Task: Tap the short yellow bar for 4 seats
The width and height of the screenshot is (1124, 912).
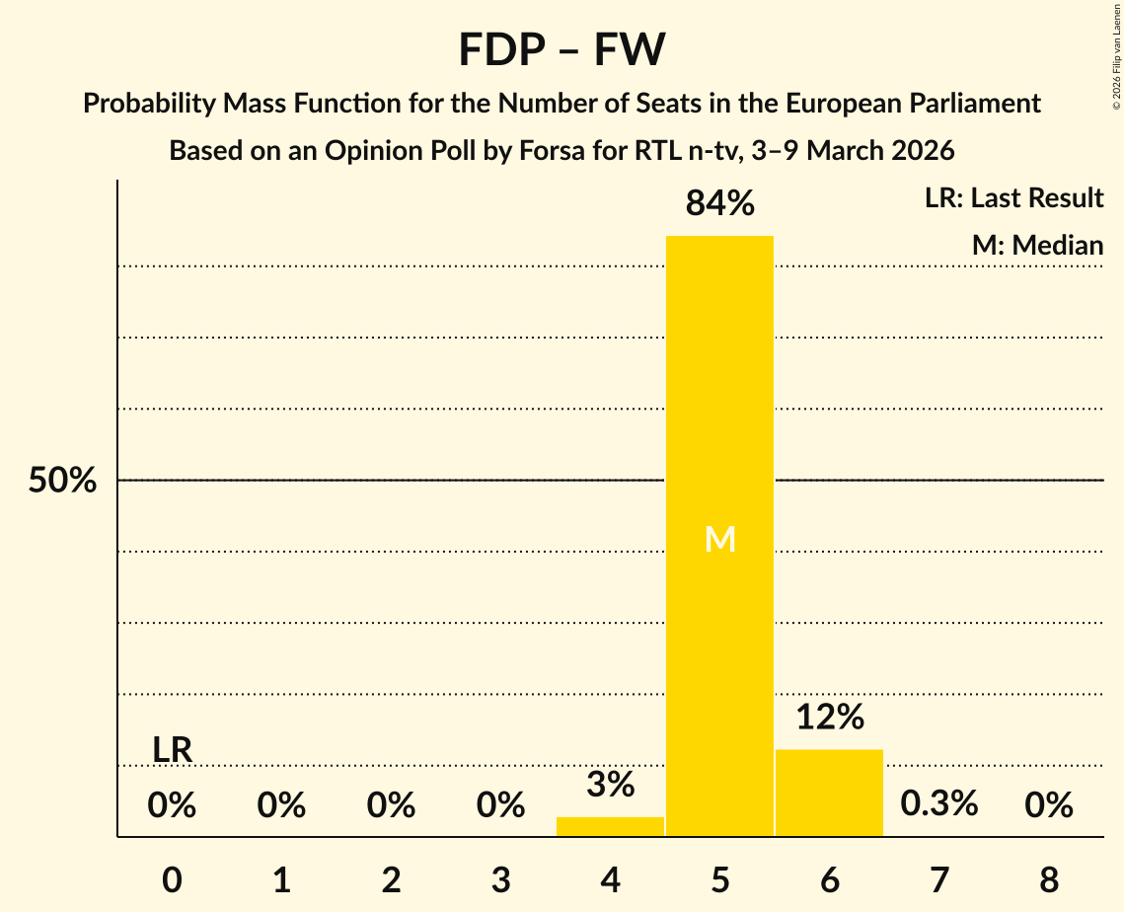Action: [610, 827]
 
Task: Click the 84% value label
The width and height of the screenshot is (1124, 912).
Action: [719, 204]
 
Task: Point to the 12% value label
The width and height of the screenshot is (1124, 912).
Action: [829, 718]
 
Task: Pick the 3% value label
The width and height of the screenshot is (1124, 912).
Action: [610, 785]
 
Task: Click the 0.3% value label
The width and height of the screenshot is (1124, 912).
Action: [938, 803]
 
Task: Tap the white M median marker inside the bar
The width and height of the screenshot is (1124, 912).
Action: [720, 539]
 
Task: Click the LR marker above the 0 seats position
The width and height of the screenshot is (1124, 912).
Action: [172, 750]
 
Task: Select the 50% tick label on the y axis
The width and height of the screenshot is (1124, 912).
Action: [62, 482]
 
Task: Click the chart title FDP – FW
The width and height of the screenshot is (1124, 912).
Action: [562, 49]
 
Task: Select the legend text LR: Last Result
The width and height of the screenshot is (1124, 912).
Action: [1013, 198]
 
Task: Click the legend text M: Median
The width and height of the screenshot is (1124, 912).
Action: [1037, 245]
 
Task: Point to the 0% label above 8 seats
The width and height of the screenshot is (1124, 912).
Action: [1048, 805]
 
